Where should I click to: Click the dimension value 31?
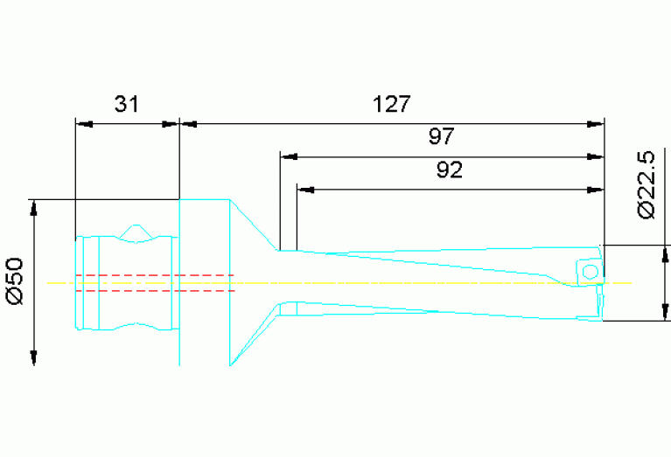(127, 105)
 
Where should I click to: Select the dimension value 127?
(391, 105)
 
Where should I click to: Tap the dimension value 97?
(441, 137)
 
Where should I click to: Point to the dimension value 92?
(449, 170)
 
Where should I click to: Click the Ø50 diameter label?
(15, 281)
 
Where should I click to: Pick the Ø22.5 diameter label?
(646, 185)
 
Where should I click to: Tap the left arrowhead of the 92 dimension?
(304, 189)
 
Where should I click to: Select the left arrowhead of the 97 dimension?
(286, 156)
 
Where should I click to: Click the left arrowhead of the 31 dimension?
(82, 124)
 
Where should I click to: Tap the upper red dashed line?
(154, 275)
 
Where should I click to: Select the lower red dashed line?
(154, 291)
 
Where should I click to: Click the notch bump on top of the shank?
(136, 230)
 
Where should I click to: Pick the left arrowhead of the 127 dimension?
(185, 124)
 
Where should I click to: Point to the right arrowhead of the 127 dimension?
(598, 124)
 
